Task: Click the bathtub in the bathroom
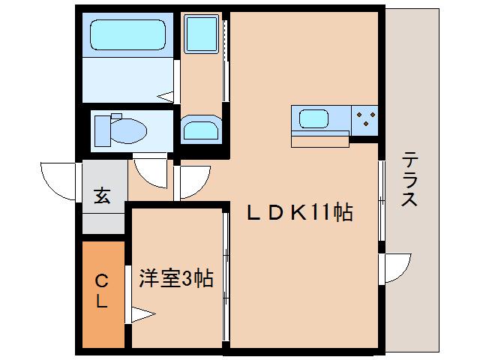click(x=127, y=34)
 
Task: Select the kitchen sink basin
click(x=313, y=118)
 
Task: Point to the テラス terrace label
click(x=409, y=180)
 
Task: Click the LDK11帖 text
click(x=300, y=213)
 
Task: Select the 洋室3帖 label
click(x=176, y=279)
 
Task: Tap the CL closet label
click(x=102, y=292)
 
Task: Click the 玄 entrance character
click(x=102, y=196)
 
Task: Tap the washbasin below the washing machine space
click(x=200, y=130)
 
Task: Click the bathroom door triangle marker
click(x=166, y=96)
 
